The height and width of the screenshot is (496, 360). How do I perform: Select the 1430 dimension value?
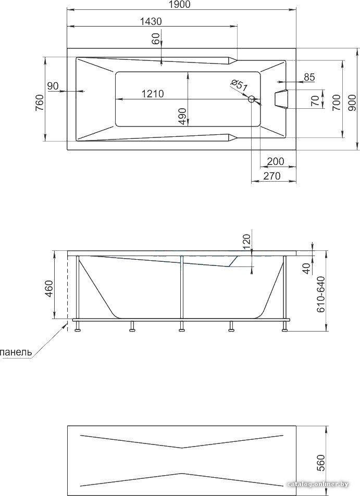point(151,21)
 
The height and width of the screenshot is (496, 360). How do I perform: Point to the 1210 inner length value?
point(153,94)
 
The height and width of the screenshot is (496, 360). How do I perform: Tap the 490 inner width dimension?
point(182,117)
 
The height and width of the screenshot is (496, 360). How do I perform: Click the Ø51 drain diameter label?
point(239,85)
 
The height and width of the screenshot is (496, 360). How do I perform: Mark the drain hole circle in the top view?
point(252,99)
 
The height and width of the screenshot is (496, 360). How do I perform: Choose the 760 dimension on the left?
point(39,103)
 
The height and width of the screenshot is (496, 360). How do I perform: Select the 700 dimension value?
point(337,103)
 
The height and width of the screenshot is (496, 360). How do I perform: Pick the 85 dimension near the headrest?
point(309,77)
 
